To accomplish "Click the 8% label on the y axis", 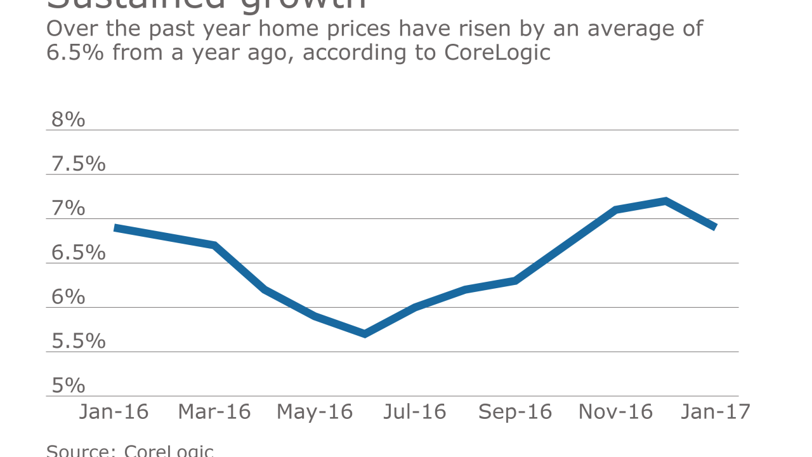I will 68,119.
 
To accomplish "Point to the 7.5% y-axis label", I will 78,164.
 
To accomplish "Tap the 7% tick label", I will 68,208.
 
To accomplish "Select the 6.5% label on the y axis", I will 78,253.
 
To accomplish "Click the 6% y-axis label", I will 68,297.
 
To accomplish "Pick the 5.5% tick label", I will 78,341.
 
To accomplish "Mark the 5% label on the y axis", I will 68,386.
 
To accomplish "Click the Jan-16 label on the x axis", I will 114,412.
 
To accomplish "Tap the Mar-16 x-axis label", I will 214,412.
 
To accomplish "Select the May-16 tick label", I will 315,412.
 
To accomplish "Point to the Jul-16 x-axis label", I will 415,412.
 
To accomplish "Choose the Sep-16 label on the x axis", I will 515,412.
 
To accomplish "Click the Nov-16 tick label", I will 615,412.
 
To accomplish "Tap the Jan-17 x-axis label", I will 716,412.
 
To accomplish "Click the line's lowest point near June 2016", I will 365,334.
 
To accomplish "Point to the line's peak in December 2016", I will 665,201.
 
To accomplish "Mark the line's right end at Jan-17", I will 715,227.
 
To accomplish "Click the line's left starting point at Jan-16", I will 115,227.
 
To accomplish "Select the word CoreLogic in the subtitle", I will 497,52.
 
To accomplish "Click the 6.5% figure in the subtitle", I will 76,52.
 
